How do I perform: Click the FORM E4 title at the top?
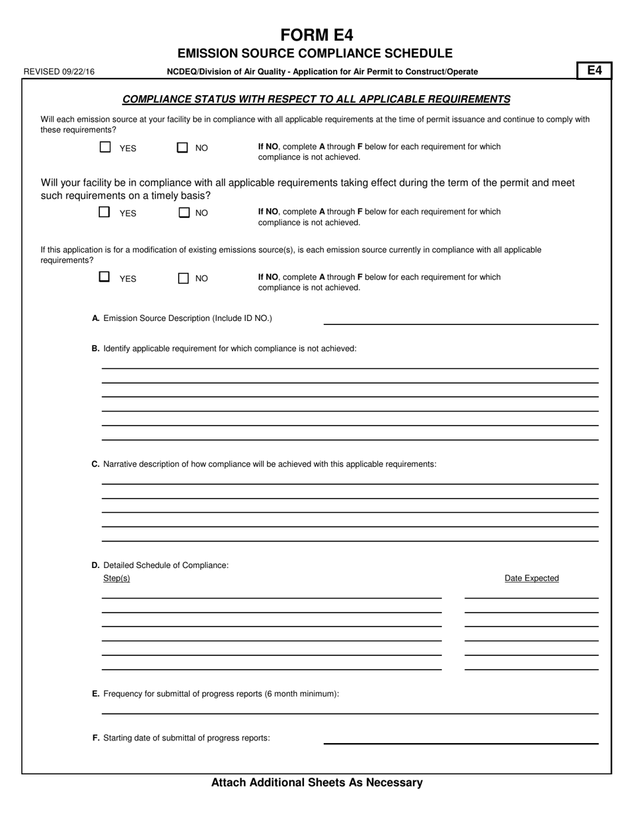(x=316, y=35)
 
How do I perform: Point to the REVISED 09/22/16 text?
(x=59, y=72)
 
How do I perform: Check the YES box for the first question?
(x=105, y=148)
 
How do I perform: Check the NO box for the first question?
(x=182, y=148)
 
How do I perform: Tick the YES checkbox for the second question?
(x=105, y=212)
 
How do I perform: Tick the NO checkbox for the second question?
(x=184, y=213)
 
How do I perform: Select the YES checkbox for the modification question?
(x=105, y=277)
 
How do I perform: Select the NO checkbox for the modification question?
(x=183, y=278)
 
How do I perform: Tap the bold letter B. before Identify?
(x=95, y=348)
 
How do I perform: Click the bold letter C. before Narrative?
(x=95, y=464)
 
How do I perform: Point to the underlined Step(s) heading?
(x=117, y=579)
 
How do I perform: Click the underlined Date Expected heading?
(x=531, y=579)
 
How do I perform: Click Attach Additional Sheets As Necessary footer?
(x=316, y=783)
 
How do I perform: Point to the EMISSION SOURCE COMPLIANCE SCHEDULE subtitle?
(x=315, y=53)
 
